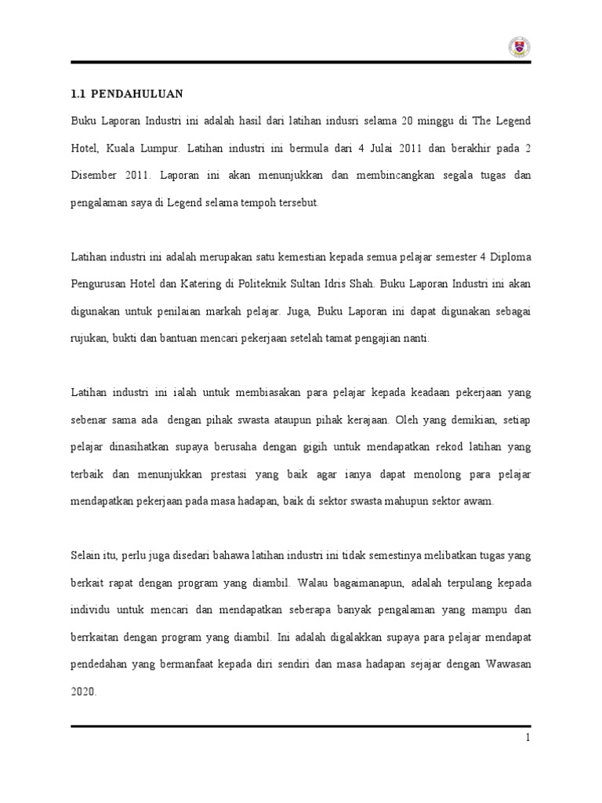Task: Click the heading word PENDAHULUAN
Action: pos(136,94)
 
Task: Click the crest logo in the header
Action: pos(520,48)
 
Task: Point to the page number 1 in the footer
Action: pos(528,738)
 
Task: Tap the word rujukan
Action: pos(91,338)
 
